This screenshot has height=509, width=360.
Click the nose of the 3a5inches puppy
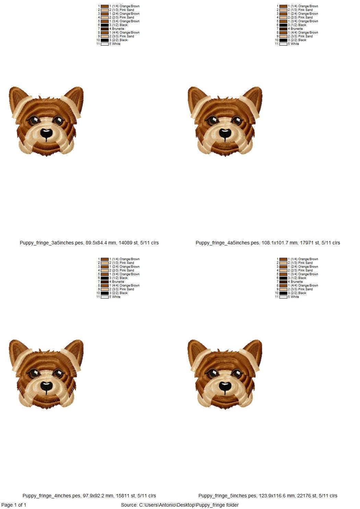(x=46, y=133)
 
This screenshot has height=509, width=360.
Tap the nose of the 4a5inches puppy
(x=225, y=133)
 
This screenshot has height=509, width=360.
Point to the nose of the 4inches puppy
(x=46, y=386)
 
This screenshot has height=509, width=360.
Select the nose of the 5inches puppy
(x=225, y=386)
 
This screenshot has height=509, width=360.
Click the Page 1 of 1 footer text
(x=14, y=505)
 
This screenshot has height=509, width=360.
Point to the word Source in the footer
(x=129, y=505)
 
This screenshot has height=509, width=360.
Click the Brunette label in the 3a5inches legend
(x=118, y=29)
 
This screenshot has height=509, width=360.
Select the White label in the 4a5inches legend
(x=295, y=44)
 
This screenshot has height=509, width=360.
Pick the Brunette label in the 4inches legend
(x=118, y=282)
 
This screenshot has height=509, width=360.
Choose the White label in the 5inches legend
(x=295, y=297)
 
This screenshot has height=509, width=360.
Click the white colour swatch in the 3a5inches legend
(x=105, y=44)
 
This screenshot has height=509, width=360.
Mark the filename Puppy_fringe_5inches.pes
(x=227, y=496)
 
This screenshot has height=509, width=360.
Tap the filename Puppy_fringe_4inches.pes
(x=51, y=496)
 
